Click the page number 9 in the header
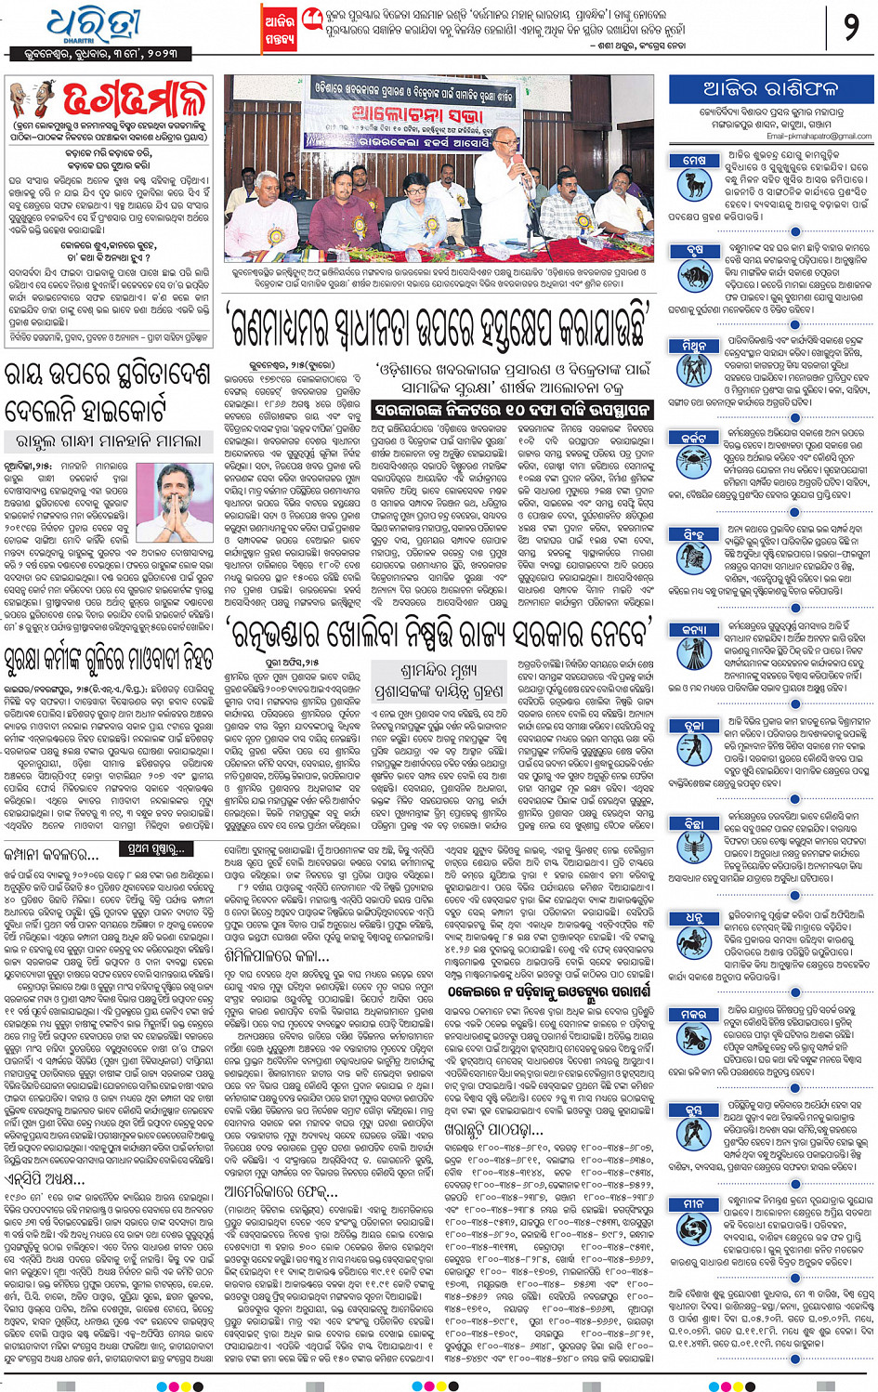coord(850,27)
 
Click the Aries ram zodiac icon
coord(694,180)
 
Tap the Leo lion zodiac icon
coord(694,554)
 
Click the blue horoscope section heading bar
coord(770,90)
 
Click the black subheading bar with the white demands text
coord(512,409)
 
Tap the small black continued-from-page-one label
coord(157,848)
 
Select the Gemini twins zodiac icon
coord(694,363)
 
